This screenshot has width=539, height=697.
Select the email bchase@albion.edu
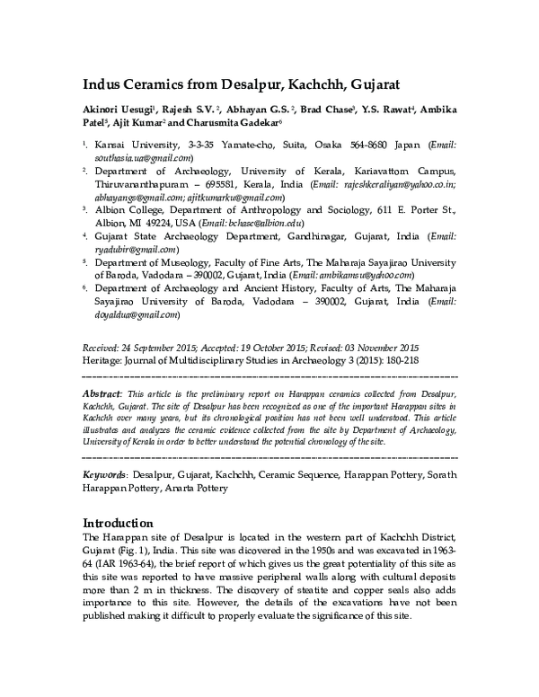(x=290, y=224)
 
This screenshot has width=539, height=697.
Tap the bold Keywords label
(x=104, y=472)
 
